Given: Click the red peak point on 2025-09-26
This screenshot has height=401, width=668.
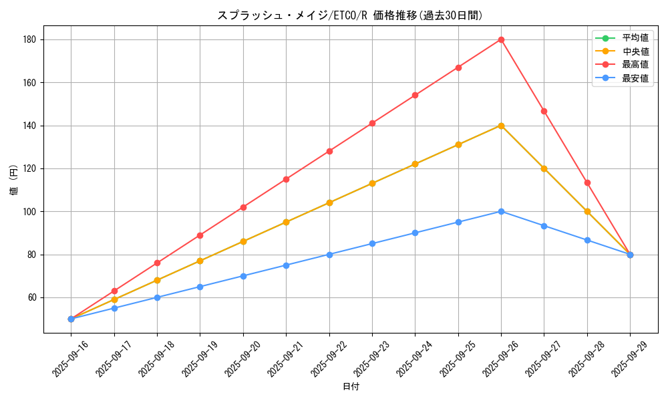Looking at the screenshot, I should [501, 39].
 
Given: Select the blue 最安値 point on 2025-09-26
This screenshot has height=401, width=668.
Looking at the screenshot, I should [501, 211].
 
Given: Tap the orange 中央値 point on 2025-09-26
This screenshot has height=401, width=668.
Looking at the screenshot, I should [501, 126].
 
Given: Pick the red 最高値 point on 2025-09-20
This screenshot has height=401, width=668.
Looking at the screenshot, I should [243, 207].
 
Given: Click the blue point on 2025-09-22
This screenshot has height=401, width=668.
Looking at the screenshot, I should [329, 255].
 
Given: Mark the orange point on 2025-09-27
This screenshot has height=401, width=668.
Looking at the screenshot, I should [544, 168].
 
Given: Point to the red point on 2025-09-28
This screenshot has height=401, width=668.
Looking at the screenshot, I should [587, 182].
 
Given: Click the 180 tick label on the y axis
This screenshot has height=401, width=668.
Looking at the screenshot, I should [30, 40].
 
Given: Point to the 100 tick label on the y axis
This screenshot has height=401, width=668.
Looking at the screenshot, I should [30, 212].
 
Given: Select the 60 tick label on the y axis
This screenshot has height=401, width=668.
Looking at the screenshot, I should [32, 297].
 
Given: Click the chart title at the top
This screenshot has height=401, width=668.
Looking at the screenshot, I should [350, 15].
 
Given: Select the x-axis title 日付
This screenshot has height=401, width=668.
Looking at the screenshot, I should [351, 387].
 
